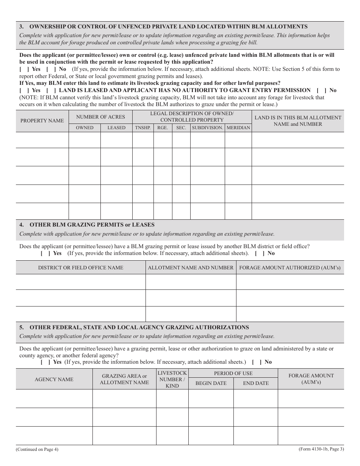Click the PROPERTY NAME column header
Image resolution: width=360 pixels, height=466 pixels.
pyautogui.click(x=42, y=121)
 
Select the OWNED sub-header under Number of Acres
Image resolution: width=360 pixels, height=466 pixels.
pyautogui.click(x=85, y=128)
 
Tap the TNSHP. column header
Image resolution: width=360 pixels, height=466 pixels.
pyautogui.click(x=143, y=128)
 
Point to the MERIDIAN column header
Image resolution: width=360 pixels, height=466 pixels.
pyautogui.click(x=238, y=128)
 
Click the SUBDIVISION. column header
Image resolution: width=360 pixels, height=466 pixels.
pyautogui.click(x=207, y=128)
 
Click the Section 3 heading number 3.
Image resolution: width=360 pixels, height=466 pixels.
pyautogui.click(x=21, y=27)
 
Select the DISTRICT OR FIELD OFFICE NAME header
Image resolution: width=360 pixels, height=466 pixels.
pyautogui.click(x=81, y=267)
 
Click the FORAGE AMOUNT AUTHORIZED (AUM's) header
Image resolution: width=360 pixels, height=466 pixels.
pyautogui.click(x=290, y=267)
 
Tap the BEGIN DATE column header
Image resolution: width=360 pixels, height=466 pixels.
pyautogui.click(x=211, y=383)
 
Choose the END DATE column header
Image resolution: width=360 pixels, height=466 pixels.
pyautogui.click(x=256, y=383)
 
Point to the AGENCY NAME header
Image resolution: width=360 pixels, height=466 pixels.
pyautogui.click(x=54, y=379)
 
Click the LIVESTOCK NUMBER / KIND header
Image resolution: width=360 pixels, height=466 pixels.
pyautogui.click(x=172, y=379)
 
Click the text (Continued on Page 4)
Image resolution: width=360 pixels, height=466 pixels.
pyautogui.click(x=37, y=450)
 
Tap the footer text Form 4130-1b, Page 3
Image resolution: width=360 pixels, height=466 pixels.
pyautogui.click(x=321, y=449)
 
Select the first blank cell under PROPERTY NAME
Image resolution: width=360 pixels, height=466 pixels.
pyautogui.click(x=42, y=140)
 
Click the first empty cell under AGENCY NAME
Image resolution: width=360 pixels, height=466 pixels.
pyautogui.click(x=54, y=399)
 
